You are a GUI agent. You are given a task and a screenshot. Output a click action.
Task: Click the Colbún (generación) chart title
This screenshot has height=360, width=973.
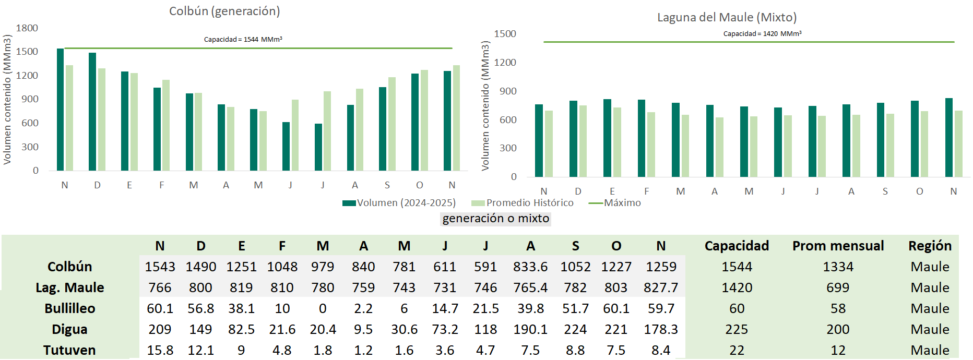tap(224, 11)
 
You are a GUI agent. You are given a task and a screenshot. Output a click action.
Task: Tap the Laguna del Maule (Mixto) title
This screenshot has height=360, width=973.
tap(727, 17)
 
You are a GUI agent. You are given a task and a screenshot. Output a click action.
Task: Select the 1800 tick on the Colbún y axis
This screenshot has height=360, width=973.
tap(27, 28)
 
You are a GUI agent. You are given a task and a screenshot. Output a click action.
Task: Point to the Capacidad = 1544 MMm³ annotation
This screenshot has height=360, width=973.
tap(243, 39)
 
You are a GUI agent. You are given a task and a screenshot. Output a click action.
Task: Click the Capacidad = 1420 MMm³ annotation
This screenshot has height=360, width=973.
tap(762, 33)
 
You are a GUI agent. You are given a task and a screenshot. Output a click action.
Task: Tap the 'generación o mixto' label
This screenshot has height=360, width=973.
tap(496, 219)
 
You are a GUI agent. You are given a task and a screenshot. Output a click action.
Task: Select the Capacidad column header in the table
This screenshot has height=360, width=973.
tap(737, 246)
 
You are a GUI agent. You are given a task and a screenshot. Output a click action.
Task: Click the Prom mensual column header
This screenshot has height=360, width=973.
tap(838, 246)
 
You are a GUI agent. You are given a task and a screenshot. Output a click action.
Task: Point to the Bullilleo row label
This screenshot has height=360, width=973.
tap(70, 308)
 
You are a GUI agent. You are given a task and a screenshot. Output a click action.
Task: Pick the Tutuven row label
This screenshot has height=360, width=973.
tap(69, 350)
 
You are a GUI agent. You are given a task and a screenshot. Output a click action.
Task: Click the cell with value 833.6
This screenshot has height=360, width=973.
tap(530, 267)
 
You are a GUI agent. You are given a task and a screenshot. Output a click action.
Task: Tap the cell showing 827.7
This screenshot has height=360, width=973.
tap(661, 287)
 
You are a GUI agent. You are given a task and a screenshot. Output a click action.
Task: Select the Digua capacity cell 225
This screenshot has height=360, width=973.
tap(737, 329)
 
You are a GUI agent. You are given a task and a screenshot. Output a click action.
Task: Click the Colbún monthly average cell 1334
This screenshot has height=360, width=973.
tap(838, 267)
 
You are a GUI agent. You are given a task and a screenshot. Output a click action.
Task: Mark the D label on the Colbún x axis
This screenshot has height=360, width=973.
tap(97, 185)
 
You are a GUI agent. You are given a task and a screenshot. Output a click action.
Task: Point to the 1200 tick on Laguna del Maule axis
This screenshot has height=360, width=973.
tap(505, 63)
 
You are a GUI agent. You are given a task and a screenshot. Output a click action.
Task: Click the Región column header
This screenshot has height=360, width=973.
tap(930, 246)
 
